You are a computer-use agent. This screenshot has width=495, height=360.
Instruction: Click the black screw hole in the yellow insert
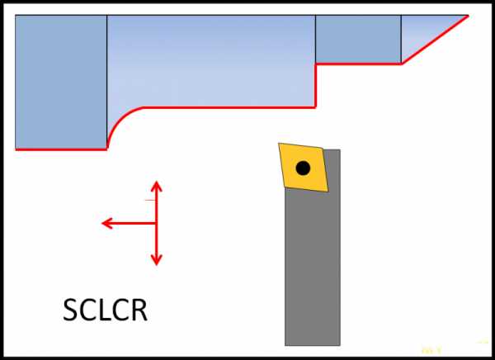(303, 168)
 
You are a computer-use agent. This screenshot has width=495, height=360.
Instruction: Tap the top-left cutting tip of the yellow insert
(280, 145)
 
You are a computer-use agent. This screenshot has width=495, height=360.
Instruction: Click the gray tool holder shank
(313, 264)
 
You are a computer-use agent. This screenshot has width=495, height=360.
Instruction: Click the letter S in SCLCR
(72, 310)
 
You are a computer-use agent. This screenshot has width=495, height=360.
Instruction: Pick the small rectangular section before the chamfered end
(358, 39)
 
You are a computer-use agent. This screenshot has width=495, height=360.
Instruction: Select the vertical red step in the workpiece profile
(316, 85)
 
